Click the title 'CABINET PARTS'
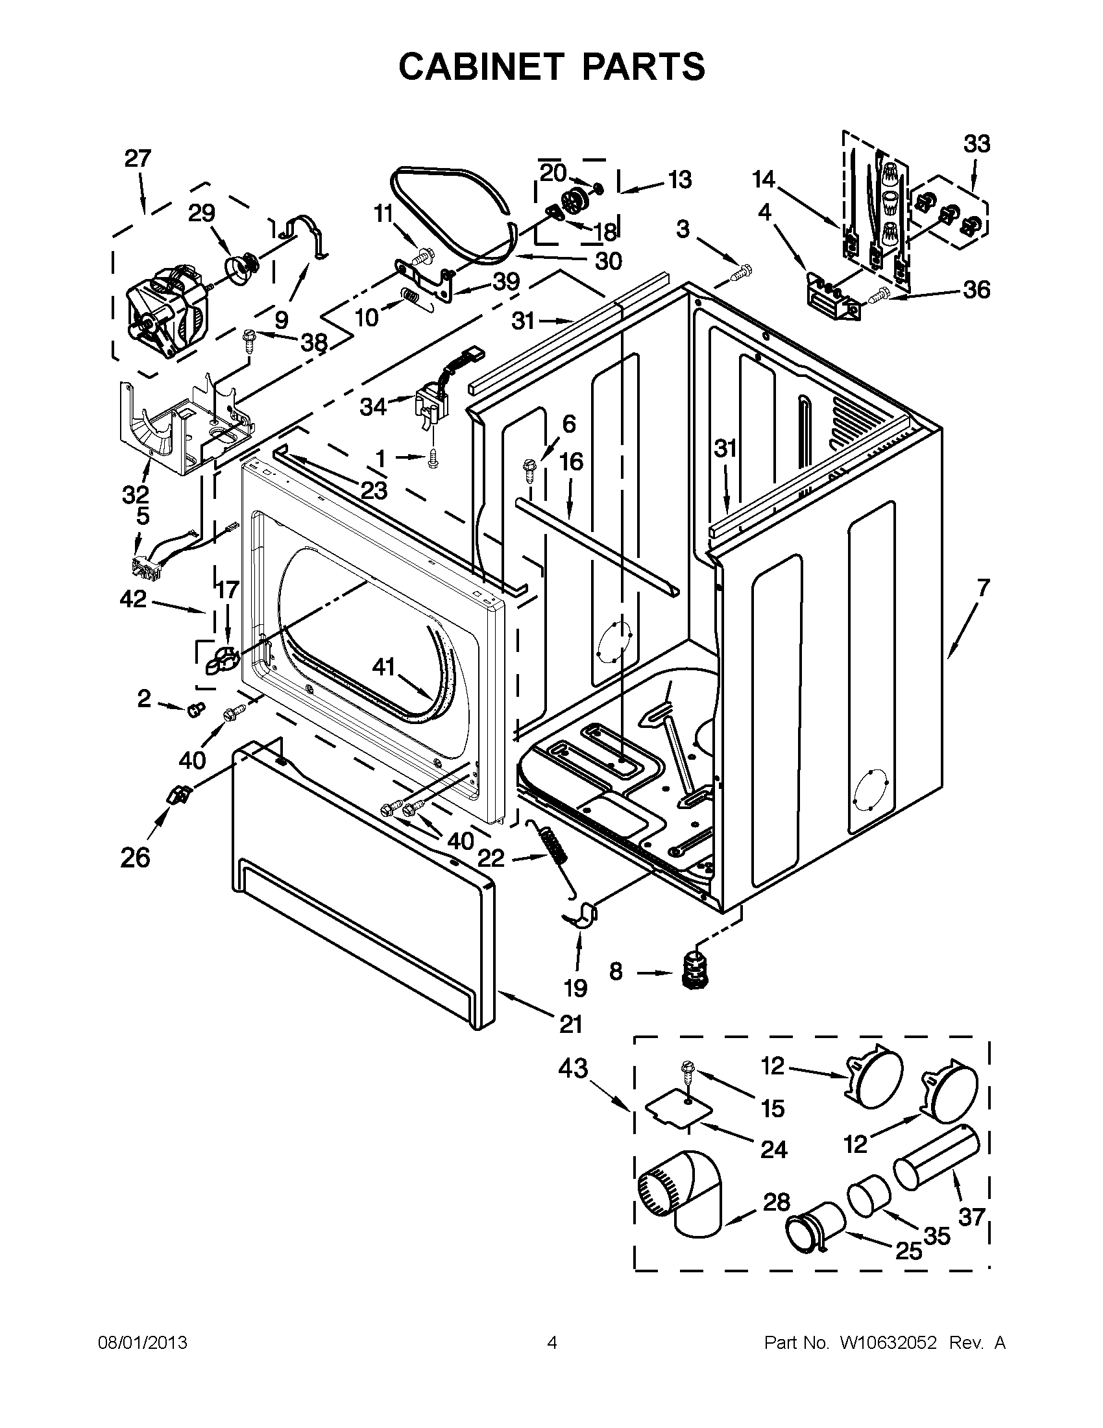pyautogui.click(x=551, y=66)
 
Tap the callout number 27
pyautogui.click(x=138, y=159)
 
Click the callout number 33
pyautogui.click(x=977, y=143)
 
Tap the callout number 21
pyautogui.click(x=570, y=1024)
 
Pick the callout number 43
pyautogui.click(x=573, y=1069)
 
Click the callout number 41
pyautogui.click(x=385, y=667)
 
